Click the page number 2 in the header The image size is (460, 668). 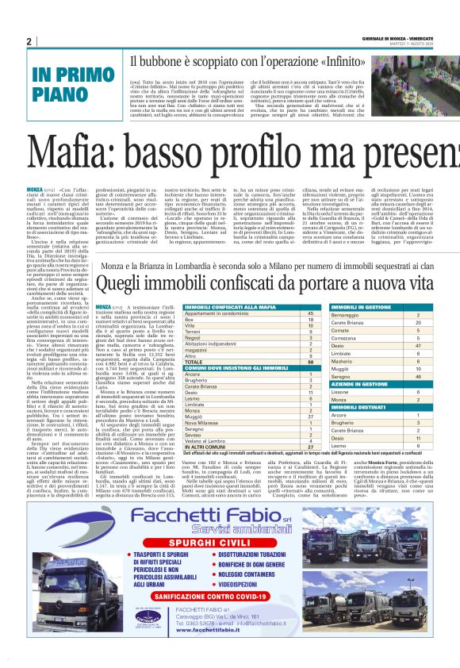coord(29,41)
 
